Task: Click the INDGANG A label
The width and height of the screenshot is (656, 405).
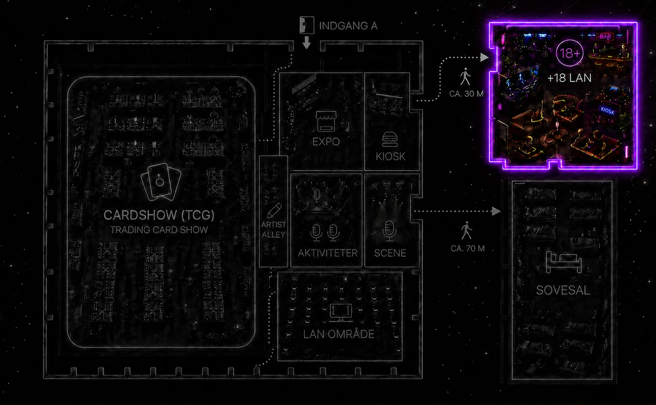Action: [348, 26]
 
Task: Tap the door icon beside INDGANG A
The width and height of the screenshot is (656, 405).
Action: [306, 25]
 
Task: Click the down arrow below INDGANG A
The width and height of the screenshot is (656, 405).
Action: [306, 42]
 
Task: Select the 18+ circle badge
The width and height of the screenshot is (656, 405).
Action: [569, 53]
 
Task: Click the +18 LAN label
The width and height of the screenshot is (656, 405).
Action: [569, 78]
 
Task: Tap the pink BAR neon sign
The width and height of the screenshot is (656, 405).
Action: [605, 37]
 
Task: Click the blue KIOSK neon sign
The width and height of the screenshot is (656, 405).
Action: [608, 111]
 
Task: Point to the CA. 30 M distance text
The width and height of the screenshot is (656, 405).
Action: [466, 94]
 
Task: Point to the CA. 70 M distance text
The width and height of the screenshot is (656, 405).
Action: [468, 248]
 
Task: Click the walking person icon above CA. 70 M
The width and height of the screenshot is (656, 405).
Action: [466, 230]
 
